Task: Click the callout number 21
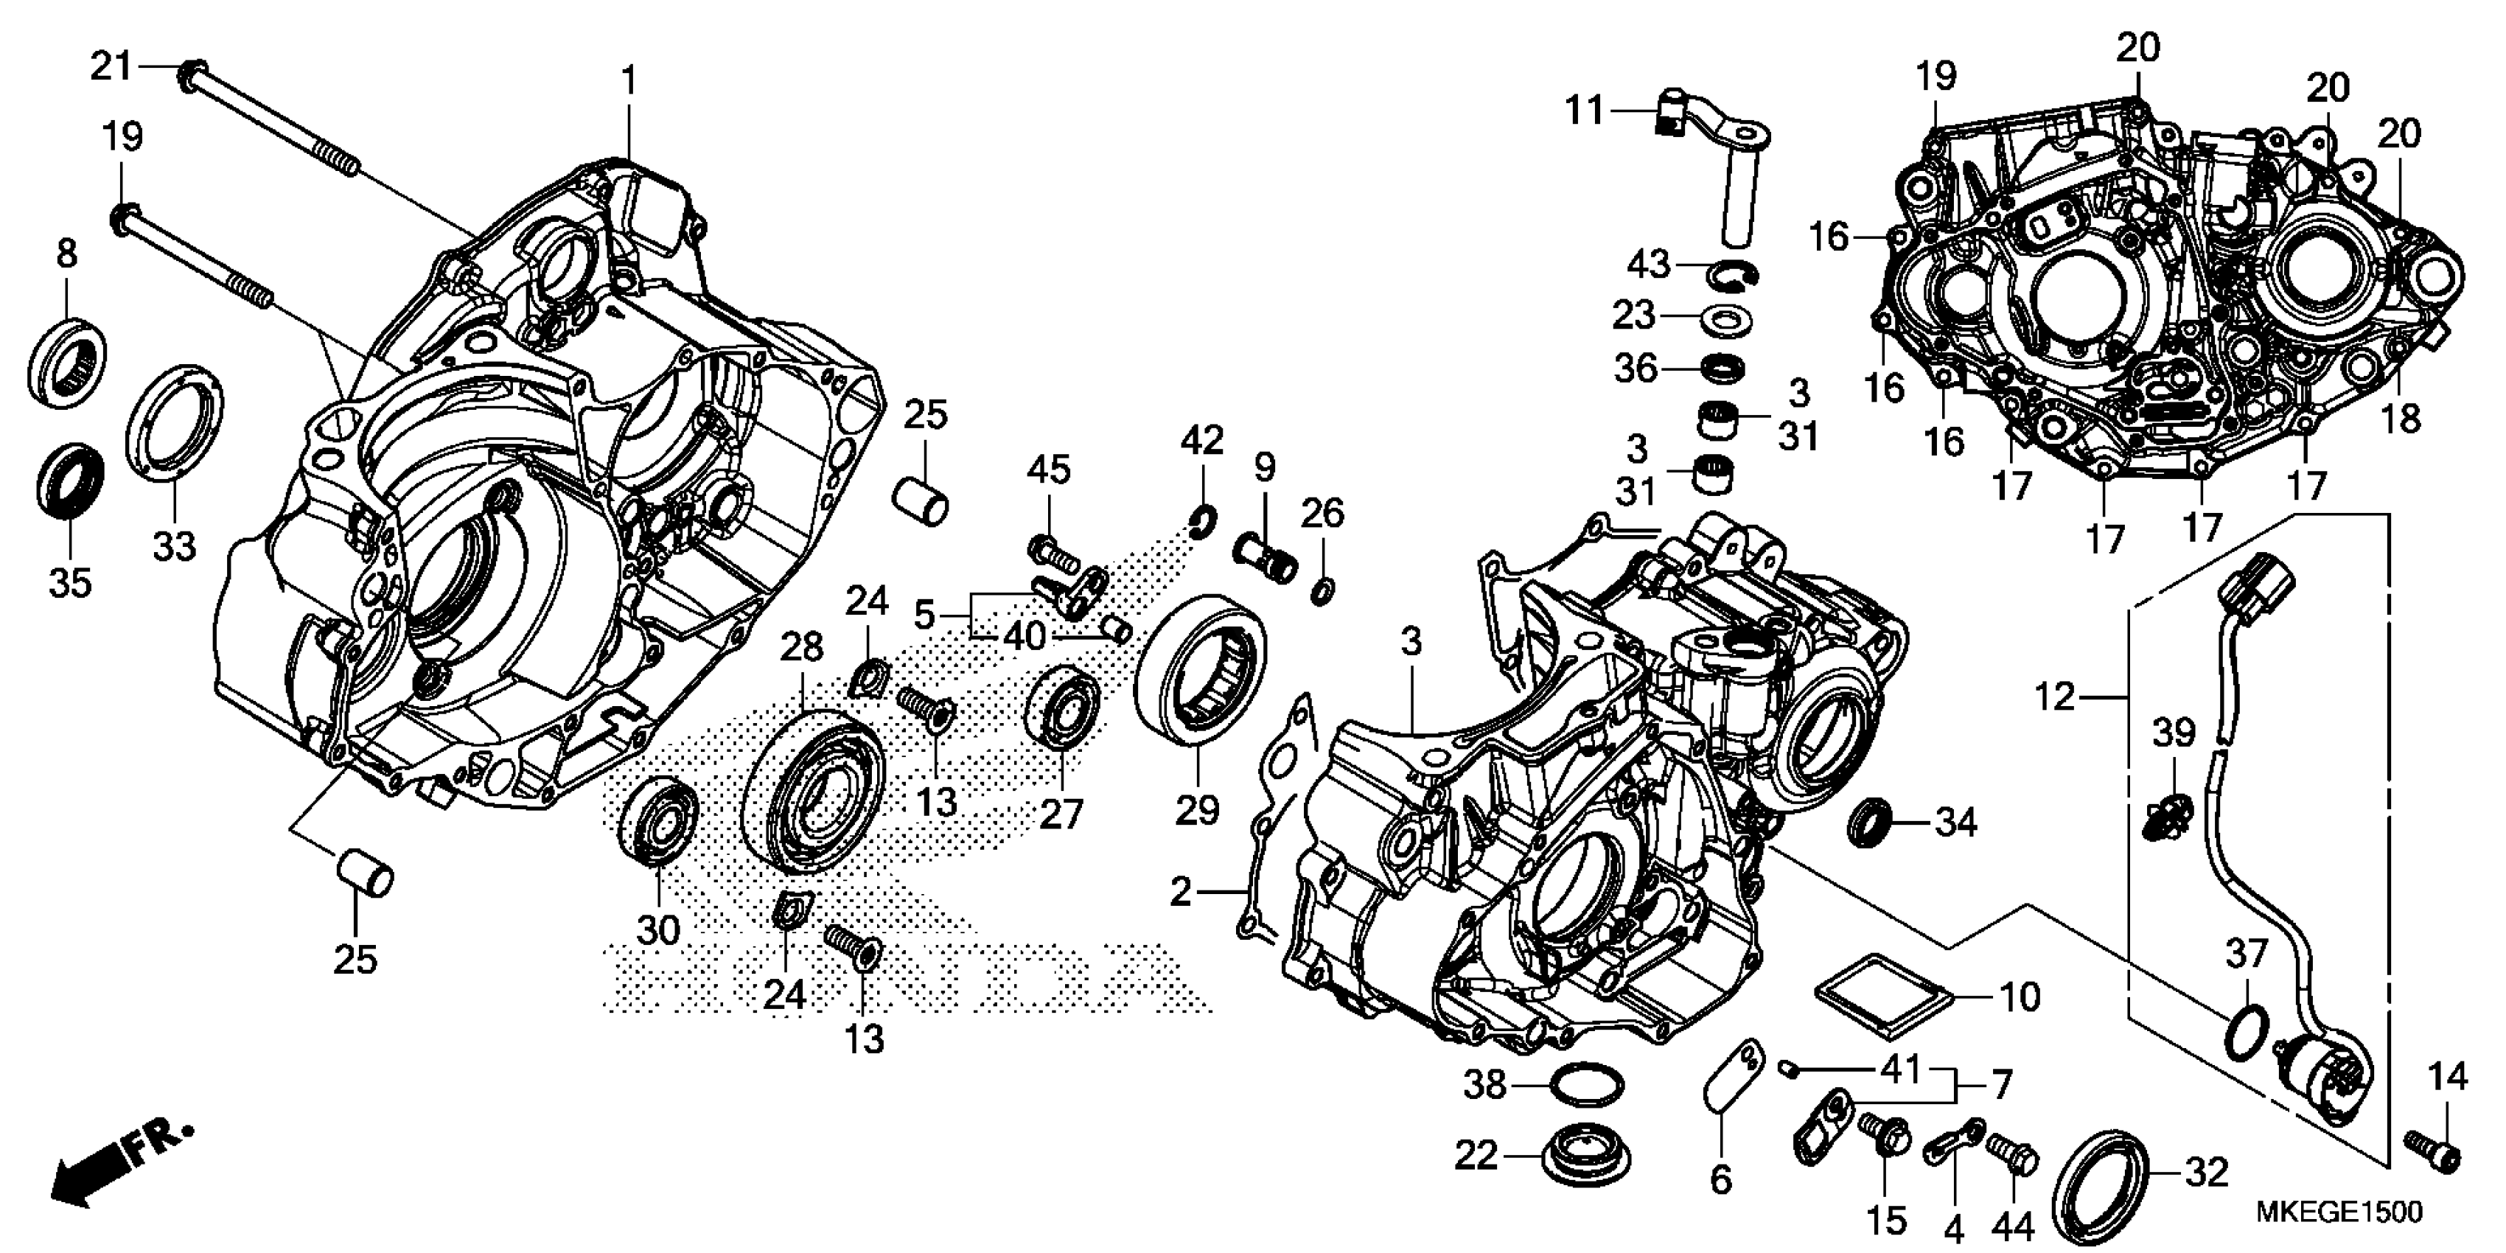tap(110, 66)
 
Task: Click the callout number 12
tap(2055, 696)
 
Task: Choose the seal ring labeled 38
tap(1587, 1085)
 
